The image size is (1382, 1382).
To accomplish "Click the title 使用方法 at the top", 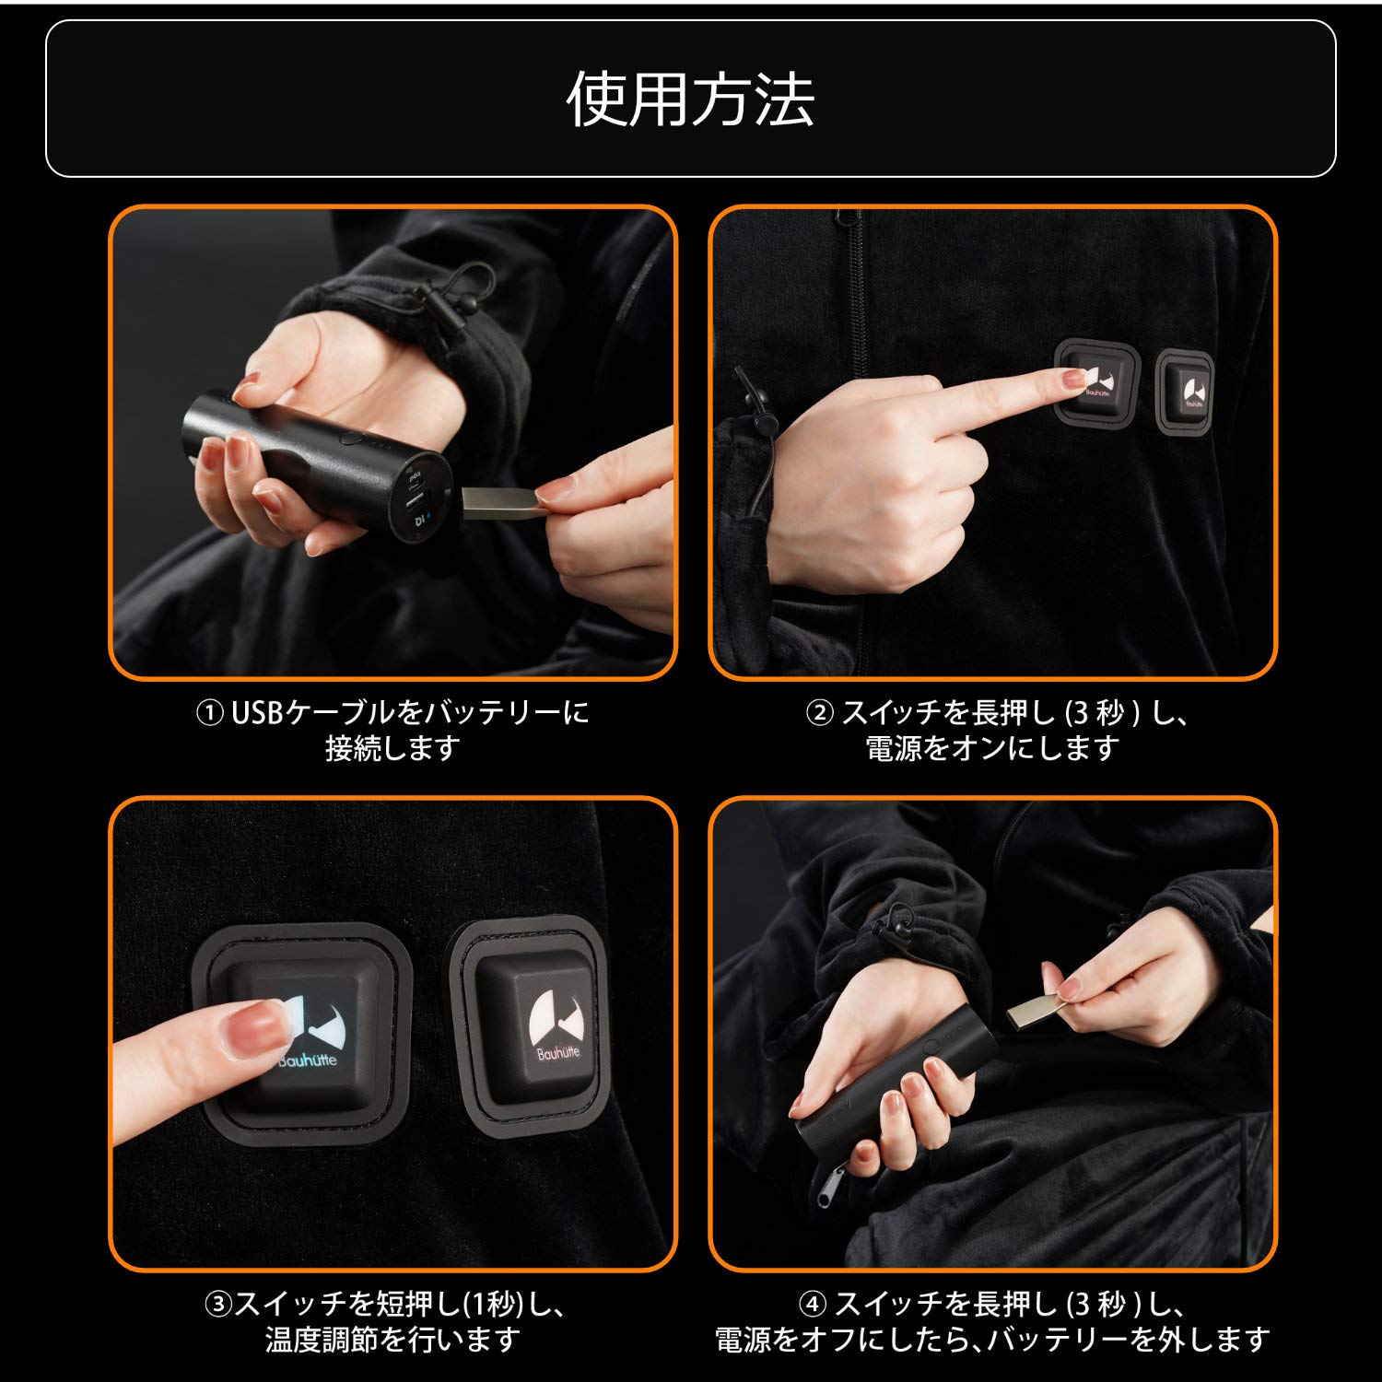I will click(690, 100).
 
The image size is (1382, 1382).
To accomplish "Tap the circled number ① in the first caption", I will click(210, 713).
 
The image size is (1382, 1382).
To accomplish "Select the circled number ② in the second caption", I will click(819, 713).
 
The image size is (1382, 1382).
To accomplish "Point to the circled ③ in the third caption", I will click(217, 1305).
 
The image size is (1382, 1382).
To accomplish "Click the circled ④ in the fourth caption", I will click(813, 1305).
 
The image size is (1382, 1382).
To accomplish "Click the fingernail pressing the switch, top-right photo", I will click(1071, 377).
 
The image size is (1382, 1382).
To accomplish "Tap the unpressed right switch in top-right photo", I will click(1185, 390).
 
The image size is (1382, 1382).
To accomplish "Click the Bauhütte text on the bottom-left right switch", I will click(558, 1051).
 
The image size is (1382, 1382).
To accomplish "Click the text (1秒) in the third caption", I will click(492, 1305).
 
